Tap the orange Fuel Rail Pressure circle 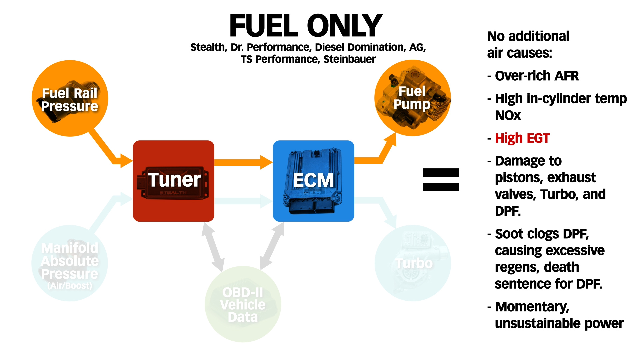pos(70,99)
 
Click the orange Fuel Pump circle pos(412,98)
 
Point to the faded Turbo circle pos(413,263)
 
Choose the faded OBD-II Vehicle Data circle pos(243,304)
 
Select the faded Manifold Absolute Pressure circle pos(70,263)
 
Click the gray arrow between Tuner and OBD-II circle pos(213,247)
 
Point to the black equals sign pos(441,180)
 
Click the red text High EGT pos(522,138)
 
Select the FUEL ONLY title pos(306,26)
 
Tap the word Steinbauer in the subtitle pos(349,59)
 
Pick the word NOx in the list pos(508,116)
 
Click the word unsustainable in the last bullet pos(537,323)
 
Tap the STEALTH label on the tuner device pos(173,193)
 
